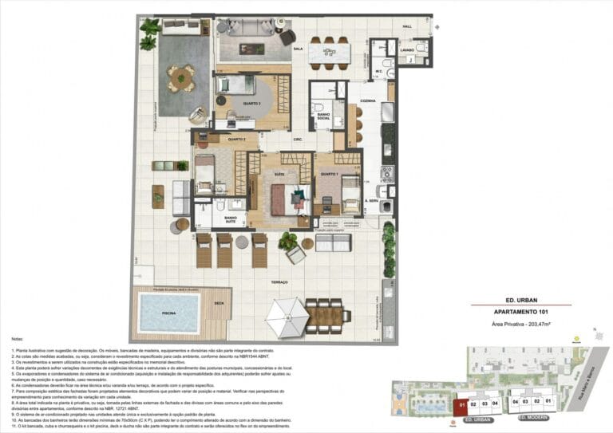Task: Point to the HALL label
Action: [406, 26]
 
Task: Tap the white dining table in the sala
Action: [327, 54]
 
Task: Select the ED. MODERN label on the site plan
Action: [533, 417]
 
